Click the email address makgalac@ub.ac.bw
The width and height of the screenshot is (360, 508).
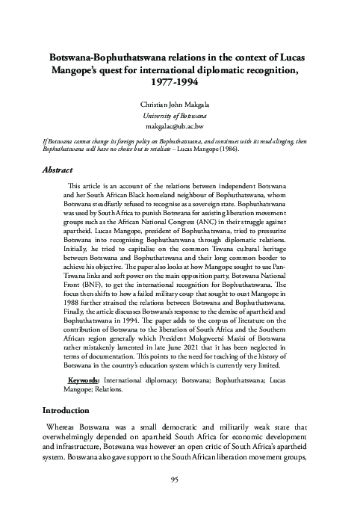coord(180,128)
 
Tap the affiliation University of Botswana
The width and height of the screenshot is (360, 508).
coord(180,117)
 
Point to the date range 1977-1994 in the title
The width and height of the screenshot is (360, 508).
coord(180,82)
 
